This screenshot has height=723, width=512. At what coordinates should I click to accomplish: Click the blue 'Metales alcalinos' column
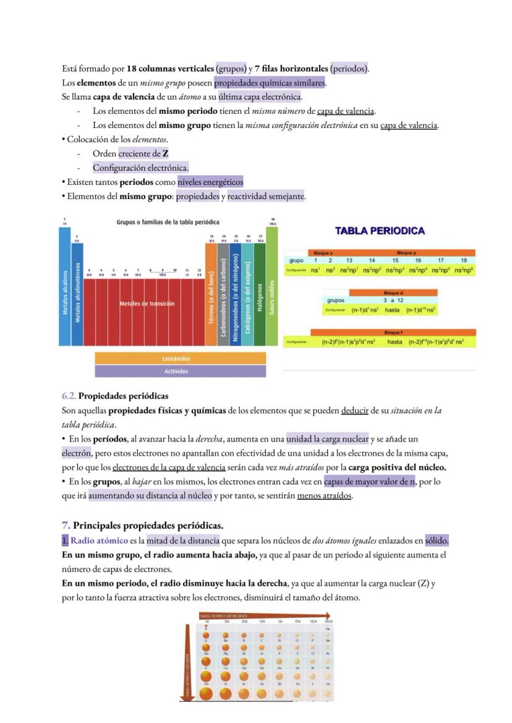(64, 291)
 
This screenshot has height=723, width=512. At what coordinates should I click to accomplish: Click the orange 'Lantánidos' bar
(180, 359)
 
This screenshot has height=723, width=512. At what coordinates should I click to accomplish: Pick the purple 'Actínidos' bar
(180, 371)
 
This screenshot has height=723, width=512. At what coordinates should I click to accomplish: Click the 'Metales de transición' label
(147, 304)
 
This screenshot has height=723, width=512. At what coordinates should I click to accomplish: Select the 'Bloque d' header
(393, 293)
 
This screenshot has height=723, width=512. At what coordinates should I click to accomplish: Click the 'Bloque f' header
(393, 332)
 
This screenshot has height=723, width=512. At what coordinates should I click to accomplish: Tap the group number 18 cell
(463, 261)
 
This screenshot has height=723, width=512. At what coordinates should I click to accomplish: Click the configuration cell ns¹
(315, 270)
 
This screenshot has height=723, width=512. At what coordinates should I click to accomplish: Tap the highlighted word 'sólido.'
(437, 541)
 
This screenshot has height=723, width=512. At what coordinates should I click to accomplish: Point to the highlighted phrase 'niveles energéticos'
(210, 182)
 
